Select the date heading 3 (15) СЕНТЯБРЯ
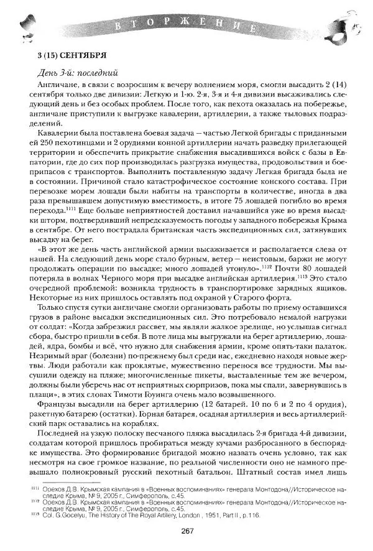tap(69, 55)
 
